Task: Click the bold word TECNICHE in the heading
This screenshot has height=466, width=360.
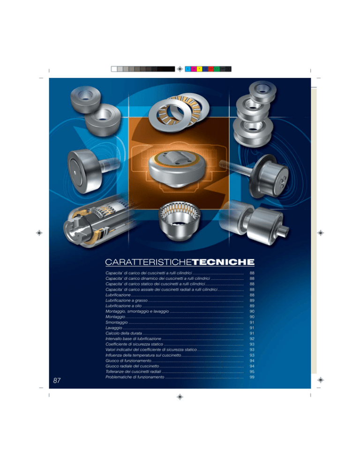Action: point(223,262)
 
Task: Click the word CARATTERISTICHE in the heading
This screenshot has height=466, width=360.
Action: point(149,262)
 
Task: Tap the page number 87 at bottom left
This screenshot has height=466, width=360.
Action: point(57,380)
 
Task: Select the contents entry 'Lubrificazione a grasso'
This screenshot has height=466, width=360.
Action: point(127,301)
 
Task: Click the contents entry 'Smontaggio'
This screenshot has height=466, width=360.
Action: point(117,323)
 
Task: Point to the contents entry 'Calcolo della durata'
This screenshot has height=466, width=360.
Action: point(124,333)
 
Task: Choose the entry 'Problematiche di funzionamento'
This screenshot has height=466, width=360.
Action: point(135,377)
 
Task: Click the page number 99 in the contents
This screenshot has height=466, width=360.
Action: point(252,377)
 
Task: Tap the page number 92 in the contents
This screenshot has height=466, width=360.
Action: point(252,339)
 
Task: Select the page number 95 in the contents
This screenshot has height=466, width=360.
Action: point(252,371)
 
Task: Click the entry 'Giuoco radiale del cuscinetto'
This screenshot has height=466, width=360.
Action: point(132,366)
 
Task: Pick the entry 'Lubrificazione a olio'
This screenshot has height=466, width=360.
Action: point(123,306)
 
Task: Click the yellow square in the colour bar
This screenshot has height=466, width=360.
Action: point(200,69)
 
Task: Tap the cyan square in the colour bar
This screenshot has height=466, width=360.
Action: point(188,69)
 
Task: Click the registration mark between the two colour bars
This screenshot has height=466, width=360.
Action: point(180,69)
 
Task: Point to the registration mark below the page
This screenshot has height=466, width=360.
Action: point(180,397)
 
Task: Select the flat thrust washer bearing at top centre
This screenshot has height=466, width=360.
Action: point(179,113)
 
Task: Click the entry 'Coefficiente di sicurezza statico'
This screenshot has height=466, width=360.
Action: point(134,344)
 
